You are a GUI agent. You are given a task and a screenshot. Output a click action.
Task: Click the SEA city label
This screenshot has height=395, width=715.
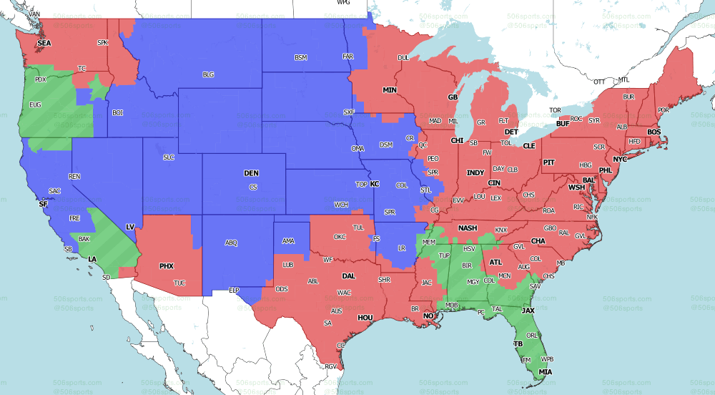[x=44, y=44]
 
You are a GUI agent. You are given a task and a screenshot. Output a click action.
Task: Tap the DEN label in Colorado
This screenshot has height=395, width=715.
[x=251, y=173]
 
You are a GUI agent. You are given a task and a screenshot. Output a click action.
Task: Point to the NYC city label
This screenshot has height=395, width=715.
[x=620, y=159]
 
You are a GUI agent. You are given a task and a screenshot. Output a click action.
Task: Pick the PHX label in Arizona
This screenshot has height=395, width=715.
[x=167, y=266]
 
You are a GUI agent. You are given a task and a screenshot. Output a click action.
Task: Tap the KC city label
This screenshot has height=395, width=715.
[x=374, y=184]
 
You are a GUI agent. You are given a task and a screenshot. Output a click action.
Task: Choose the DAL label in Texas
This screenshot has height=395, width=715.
[x=348, y=275]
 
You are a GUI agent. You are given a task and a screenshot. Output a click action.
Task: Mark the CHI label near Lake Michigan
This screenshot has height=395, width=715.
[x=457, y=141]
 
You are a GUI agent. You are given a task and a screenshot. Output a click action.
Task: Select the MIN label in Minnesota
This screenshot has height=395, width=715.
[x=389, y=91]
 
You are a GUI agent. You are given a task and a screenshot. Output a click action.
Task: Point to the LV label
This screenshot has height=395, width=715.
[x=130, y=227]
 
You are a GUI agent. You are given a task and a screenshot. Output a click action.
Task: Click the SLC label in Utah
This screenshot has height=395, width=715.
[x=169, y=157]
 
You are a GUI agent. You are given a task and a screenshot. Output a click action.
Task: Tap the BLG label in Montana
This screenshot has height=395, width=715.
[x=208, y=74]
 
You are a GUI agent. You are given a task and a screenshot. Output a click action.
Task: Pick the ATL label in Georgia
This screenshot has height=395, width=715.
[x=495, y=263]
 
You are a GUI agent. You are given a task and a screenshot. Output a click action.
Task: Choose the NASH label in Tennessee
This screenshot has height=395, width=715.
[x=468, y=228]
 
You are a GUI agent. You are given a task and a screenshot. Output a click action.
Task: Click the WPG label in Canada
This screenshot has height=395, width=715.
[x=343, y=3]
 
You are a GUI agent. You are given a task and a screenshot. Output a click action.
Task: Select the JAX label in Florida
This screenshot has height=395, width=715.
[x=528, y=311]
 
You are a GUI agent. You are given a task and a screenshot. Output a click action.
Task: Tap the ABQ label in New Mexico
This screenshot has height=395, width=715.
[x=231, y=243]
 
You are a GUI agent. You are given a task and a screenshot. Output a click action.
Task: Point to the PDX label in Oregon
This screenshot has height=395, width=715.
[x=41, y=79]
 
